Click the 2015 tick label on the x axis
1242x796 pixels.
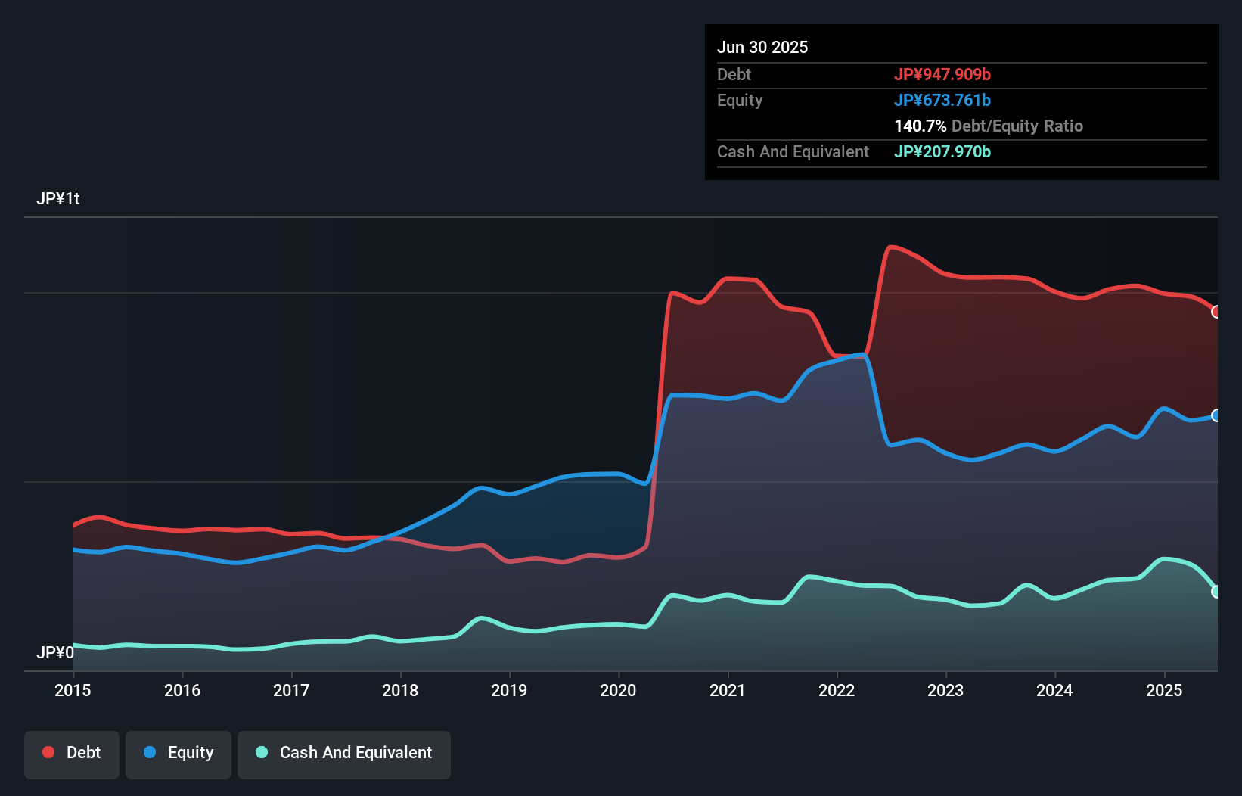point(73,690)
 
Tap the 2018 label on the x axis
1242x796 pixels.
point(400,690)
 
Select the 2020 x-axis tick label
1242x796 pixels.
point(618,690)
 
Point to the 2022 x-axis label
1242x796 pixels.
point(837,690)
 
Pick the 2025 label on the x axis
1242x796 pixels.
point(1164,690)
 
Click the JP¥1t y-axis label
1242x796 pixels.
point(57,198)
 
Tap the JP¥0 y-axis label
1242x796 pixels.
point(55,652)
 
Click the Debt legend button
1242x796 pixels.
point(72,753)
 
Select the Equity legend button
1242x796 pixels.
point(179,753)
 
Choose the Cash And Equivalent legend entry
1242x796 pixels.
point(344,753)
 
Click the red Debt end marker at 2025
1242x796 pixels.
point(1216,312)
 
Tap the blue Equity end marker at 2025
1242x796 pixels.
point(1216,415)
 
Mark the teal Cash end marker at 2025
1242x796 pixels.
point(1216,592)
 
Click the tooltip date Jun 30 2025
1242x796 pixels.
point(762,47)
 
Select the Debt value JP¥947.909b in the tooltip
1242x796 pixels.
point(942,74)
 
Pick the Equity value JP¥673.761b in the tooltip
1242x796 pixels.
point(942,100)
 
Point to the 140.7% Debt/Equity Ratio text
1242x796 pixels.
point(989,126)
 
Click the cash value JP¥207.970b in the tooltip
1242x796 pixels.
point(942,151)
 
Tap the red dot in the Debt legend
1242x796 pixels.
point(48,752)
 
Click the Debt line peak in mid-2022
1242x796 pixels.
point(892,247)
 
